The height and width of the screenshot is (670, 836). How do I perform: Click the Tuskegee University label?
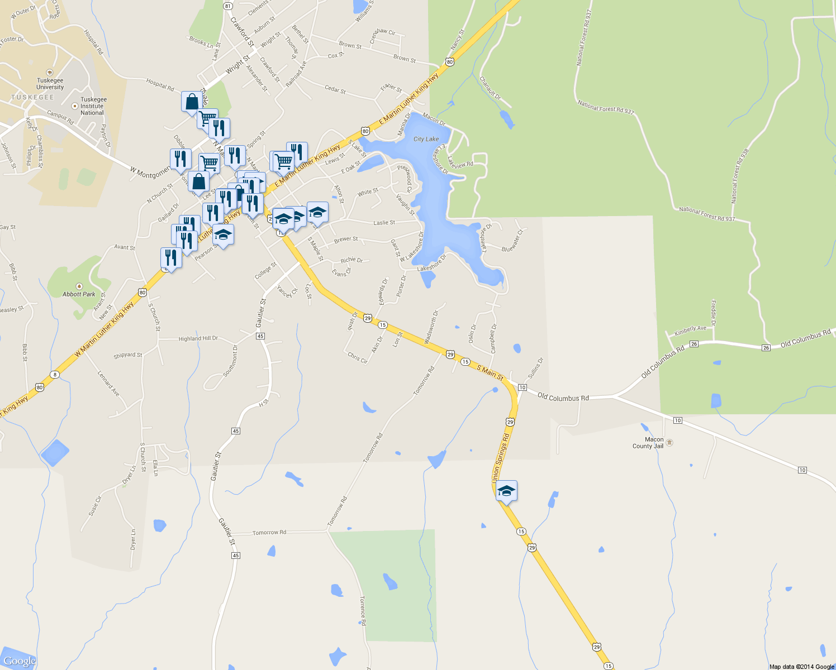coord(50,84)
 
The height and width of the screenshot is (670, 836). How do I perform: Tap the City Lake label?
coord(426,139)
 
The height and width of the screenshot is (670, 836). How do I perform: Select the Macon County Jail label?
coord(648,443)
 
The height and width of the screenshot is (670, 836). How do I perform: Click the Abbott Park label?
coord(79,294)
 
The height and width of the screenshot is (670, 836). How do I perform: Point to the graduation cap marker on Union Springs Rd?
coord(506,491)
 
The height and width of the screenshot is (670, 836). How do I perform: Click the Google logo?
coord(20,661)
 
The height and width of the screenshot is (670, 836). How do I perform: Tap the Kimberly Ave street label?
coord(690,331)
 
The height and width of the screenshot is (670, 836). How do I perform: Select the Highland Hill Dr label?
coord(198,338)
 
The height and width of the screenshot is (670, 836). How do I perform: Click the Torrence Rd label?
coord(363,610)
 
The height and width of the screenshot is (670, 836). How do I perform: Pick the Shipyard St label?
coord(127,355)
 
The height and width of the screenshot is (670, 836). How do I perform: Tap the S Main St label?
coord(490,372)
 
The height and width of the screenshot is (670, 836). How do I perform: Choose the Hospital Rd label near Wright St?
coord(160,85)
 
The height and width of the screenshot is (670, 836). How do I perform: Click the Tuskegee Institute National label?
coord(92,106)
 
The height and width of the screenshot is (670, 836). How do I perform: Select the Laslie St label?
coord(384,223)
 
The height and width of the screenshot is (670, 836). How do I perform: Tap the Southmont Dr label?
coord(230,361)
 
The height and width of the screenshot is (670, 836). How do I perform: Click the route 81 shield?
coord(227,6)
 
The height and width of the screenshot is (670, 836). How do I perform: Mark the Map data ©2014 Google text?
coord(801,666)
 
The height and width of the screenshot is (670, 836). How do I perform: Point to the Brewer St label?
coord(346,240)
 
